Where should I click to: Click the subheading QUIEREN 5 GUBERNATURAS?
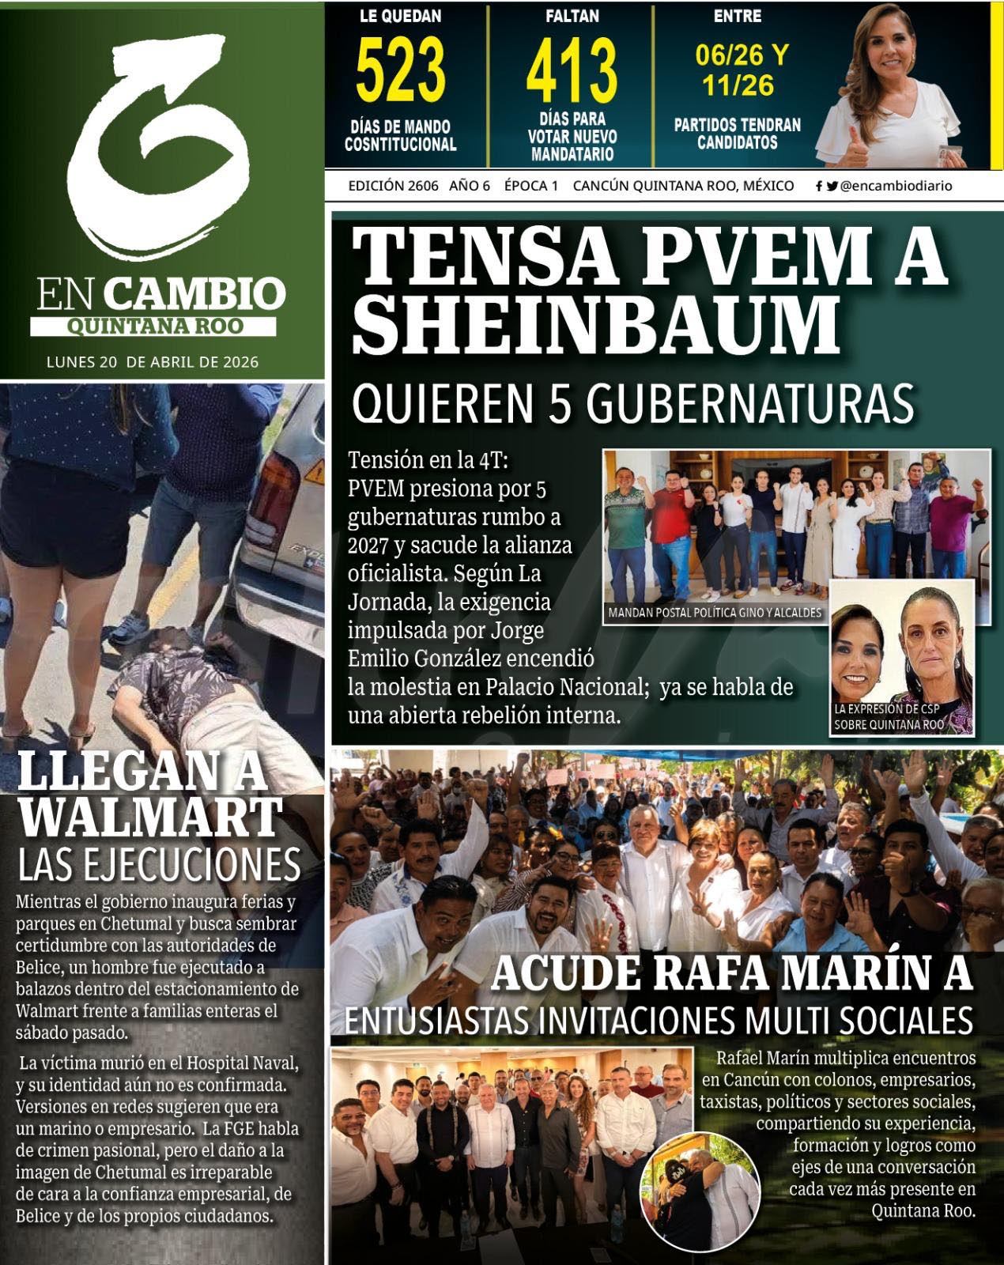(632, 403)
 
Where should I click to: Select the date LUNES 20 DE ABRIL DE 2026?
(153, 363)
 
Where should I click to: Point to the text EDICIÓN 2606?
(393, 187)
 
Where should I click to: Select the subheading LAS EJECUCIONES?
(159, 864)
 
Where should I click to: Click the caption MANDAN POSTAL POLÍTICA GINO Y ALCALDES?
(715, 613)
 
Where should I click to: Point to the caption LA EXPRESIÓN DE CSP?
(888, 709)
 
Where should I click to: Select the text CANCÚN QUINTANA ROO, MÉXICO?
(683, 187)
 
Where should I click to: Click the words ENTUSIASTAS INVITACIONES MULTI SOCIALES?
(658, 1021)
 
